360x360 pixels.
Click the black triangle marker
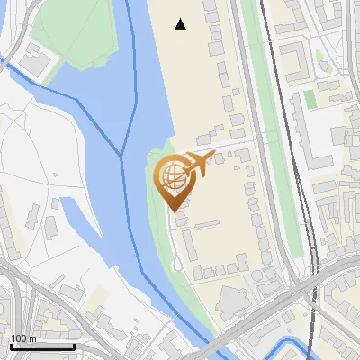coord(181,24)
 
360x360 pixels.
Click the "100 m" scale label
coord(23,338)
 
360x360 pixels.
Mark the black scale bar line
coord(42,346)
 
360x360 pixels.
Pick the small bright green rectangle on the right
coord(310,99)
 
